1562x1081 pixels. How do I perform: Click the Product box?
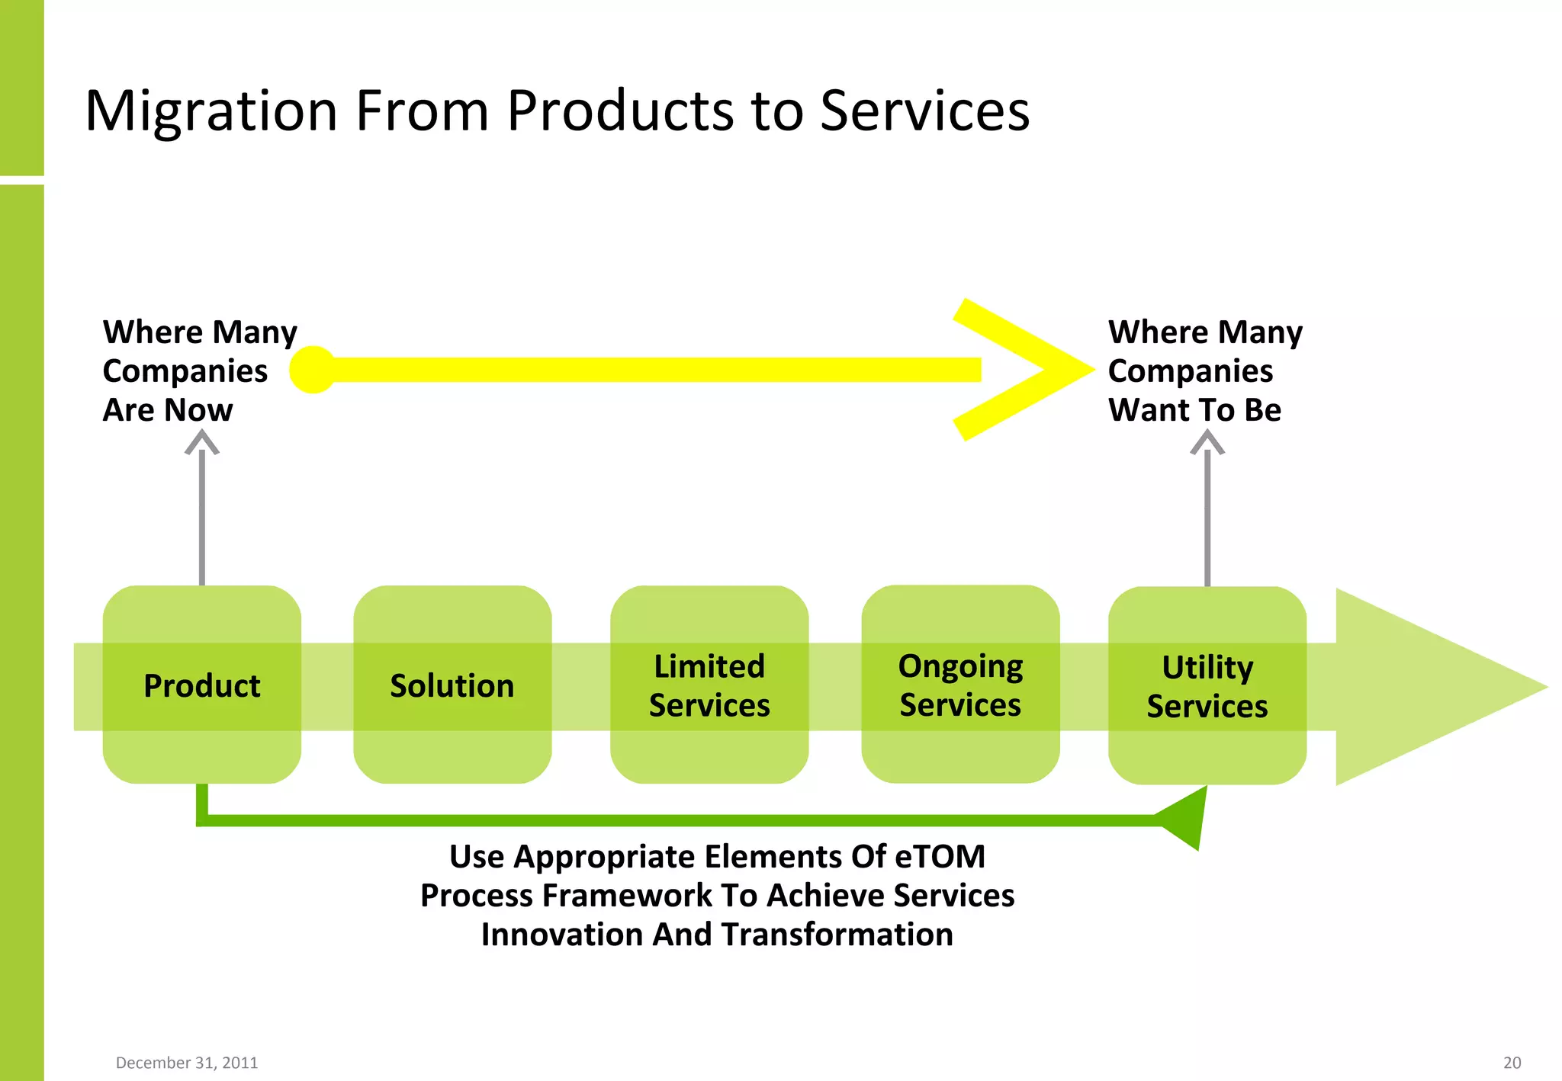pos(201,685)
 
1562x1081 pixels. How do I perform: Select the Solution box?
pos(452,685)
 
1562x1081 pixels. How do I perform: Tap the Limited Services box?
pos(709,685)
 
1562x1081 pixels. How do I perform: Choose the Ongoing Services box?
pos(960,684)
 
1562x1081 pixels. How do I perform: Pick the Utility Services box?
pos(1207,685)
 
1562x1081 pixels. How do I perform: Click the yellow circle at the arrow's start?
pos(313,370)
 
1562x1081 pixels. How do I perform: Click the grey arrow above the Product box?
pos(202,511)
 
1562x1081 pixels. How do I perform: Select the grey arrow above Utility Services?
pos(1207,511)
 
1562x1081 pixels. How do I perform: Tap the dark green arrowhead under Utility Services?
pos(1186,820)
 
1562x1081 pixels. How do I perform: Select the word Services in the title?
pos(924,111)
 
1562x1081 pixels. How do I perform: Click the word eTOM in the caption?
pos(940,856)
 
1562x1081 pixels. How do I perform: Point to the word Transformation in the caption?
pos(837,935)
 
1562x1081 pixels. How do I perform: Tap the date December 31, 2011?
pos(187,1063)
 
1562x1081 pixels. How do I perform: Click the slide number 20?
pos(1512,1063)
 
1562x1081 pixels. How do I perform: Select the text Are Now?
pos(168,410)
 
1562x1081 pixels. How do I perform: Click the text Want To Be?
pos(1194,410)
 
